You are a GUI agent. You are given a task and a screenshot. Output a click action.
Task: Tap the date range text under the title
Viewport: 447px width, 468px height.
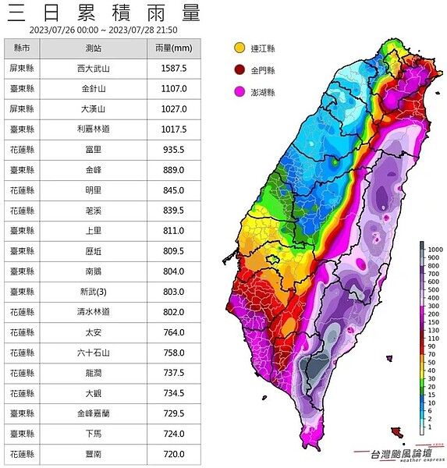[x=102, y=30]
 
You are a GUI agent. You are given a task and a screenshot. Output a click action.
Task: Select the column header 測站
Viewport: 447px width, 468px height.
[x=93, y=48]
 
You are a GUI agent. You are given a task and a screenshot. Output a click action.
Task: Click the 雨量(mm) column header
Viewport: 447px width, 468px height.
[x=173, y=48]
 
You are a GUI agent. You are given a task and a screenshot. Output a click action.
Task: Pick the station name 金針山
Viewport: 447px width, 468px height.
[x=93, y=89]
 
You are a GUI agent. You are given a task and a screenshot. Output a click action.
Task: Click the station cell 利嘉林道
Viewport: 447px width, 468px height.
[x=93, y=129]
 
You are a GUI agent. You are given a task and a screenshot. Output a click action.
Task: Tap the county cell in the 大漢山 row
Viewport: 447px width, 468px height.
[x=22, y=109]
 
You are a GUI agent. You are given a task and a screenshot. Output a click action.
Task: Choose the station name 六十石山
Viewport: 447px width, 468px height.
[x=93, y=353]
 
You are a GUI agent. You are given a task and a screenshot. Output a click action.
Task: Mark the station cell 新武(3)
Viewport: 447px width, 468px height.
[x=93, y=292]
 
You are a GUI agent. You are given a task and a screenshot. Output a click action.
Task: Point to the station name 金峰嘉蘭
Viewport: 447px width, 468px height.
[x=93, y=413]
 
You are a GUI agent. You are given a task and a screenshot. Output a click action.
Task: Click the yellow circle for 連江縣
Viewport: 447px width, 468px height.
[x=239, y=48]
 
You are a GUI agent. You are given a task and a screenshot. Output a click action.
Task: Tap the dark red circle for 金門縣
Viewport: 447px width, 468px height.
[x=239, y=70]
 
